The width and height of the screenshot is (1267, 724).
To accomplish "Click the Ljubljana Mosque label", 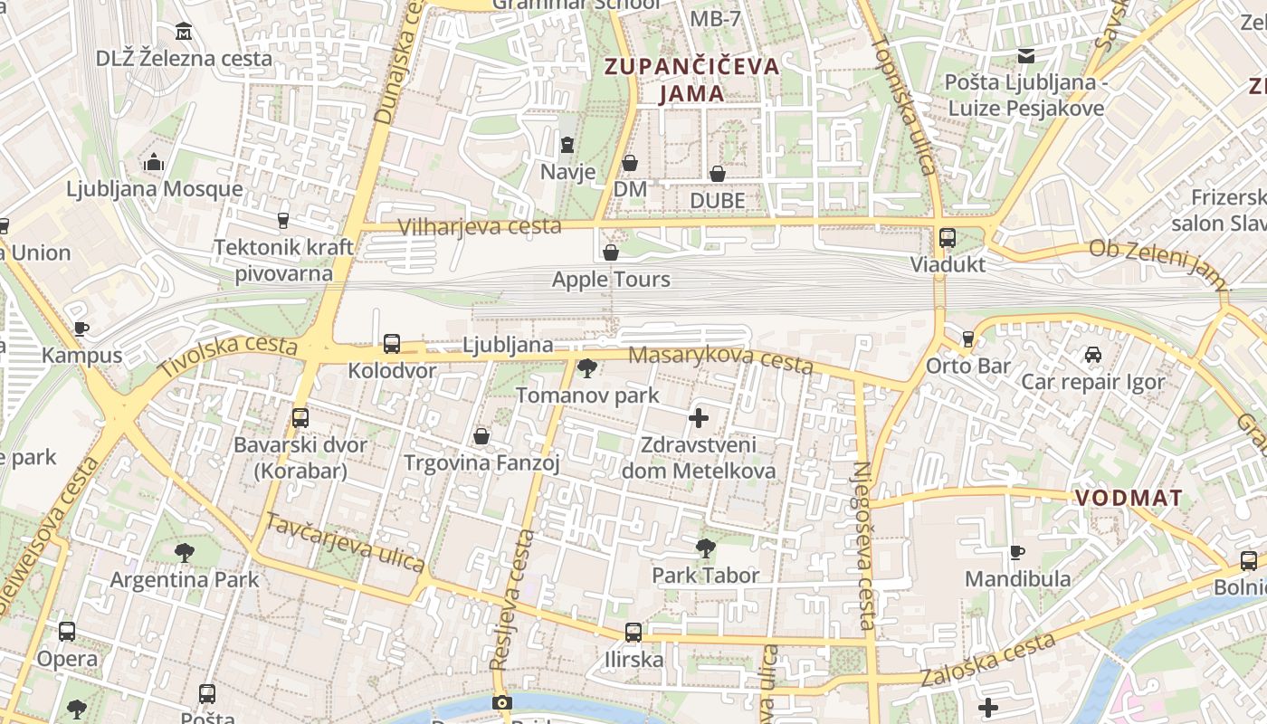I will pos(155,189).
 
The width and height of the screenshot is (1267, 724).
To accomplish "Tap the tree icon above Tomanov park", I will pos(587,367).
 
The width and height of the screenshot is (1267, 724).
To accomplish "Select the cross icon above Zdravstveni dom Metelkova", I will pos(699,418).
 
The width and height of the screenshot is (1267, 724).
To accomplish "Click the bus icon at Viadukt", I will pos(948,238).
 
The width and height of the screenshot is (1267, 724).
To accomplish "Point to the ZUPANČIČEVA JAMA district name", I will pos(691,80).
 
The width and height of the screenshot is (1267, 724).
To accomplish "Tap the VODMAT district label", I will pos(1129,498).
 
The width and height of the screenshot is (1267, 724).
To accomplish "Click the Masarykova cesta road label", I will pos(720,358).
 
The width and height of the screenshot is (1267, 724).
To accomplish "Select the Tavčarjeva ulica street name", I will pos(345,541).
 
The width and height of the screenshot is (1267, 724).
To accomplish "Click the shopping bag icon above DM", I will pos(630,163).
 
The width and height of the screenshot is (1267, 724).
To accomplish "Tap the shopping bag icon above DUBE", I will pos(718,173).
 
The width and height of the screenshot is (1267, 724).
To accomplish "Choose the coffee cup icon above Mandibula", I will pos(1017,552).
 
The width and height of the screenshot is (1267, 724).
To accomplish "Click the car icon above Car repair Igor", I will pos(1093,355).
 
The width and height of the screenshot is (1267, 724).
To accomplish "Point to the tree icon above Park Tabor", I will pos(706,548).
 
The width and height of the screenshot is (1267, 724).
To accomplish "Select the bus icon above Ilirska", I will pos(633,632).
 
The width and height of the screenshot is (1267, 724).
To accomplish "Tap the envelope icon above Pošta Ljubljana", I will pos(1026,56).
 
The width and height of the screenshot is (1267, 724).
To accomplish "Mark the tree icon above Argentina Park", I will pos(185,552).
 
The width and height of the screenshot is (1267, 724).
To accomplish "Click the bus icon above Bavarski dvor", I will pos(300,418).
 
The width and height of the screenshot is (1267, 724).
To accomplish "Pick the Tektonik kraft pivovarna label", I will pos(284,261).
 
